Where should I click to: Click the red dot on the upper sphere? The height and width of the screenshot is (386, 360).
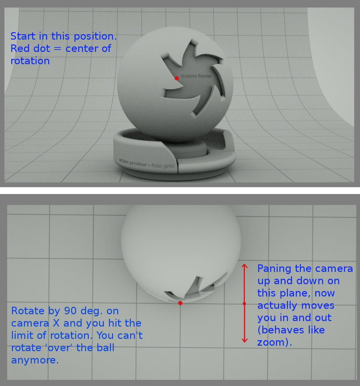(x=177, y=78)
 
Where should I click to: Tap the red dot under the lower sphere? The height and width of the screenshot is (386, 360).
(x=180, y=303)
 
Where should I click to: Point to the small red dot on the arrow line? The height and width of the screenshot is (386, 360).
(x=244, y=304)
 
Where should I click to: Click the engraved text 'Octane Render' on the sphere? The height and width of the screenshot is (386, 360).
(x=196, y=76)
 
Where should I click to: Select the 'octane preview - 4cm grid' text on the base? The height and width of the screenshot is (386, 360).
(x=147, y=164)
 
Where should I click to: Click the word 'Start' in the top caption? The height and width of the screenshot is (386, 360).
(x=23, y=36)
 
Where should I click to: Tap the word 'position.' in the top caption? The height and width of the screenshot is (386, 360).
(x=95, y=37)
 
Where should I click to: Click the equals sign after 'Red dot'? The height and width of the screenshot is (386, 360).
(x=57, y=49)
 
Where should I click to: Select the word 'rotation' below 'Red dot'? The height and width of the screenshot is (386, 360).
(x=30, y=61)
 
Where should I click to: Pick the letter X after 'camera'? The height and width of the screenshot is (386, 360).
(x=56, y=323)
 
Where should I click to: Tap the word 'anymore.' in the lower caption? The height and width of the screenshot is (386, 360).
(x=35, y=360)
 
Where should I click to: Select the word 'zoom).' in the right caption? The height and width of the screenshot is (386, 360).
(x=275, y=342)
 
